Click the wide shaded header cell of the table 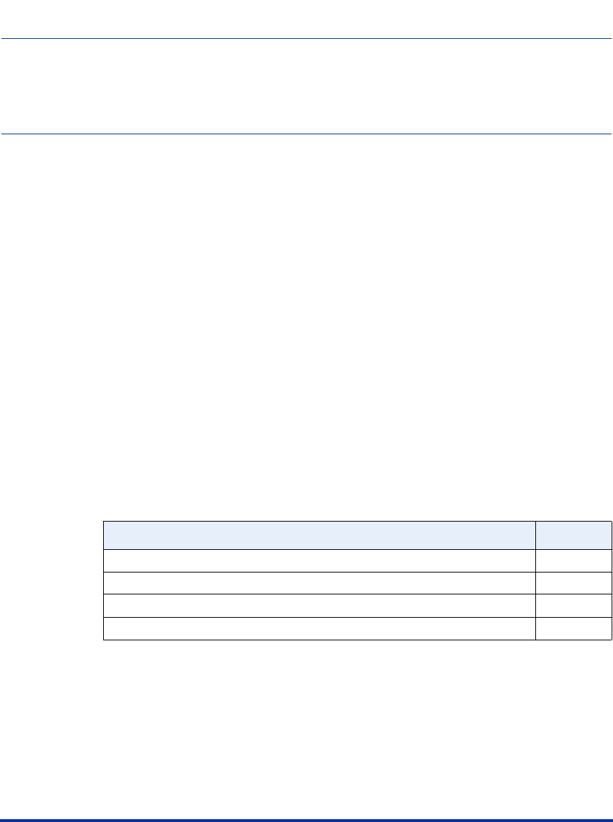pos(319,535)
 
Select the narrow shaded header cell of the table pos(573,535)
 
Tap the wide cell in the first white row pos(319,560)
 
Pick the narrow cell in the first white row pos(573,560)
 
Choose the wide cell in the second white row pos(319,583)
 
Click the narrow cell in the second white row pos(573,583)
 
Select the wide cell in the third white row pos(319,606)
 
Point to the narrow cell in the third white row pos(573,606)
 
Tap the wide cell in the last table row pos(319,628)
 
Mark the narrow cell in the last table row pos(573,628)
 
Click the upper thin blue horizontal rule pos(306,39)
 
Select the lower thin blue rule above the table pos(306,134)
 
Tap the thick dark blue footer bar pos(306,820)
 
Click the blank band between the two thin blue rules pos(306,86)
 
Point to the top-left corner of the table pos(104,522)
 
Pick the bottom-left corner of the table pos(104,640)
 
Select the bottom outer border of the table pos(319,640)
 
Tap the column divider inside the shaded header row pos(535,535)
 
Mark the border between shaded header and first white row pos(319,549)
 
